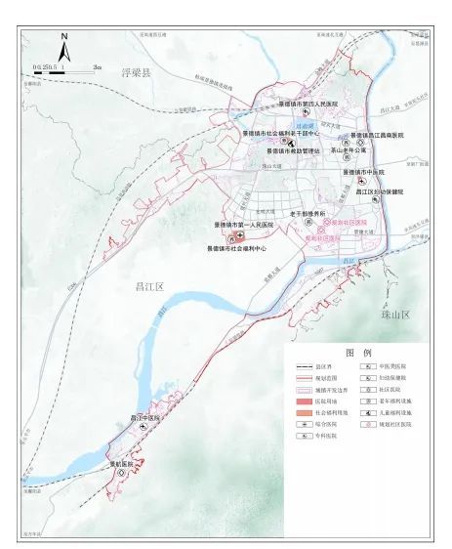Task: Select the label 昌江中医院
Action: tap(144, 417)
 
